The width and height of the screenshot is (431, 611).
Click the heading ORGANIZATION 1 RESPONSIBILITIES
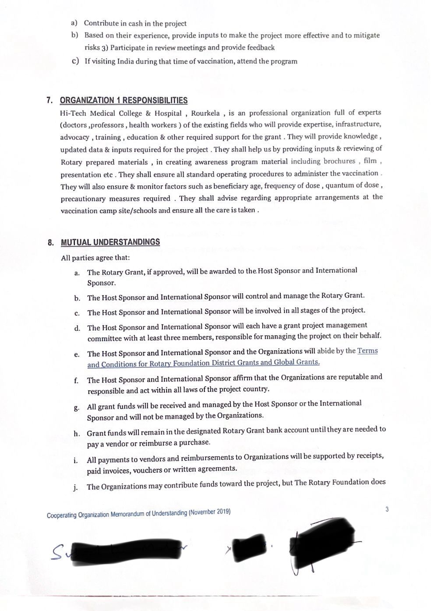(124, 100)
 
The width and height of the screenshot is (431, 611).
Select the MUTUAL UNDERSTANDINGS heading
(110, 242)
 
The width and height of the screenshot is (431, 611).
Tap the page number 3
(387, 509)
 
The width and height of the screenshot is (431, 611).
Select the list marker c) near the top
(75, 61)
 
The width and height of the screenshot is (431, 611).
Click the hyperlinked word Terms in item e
(367, 351)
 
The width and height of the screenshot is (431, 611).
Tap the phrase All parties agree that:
(95, 258)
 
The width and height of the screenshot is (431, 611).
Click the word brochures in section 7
(339, 161)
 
